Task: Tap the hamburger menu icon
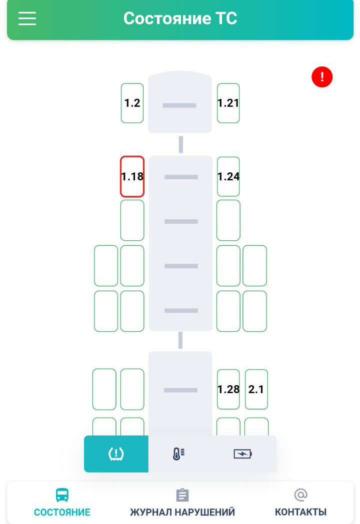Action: (x=27, y=18)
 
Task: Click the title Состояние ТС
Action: (x=180, y=18)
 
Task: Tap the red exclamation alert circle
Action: (x=322, y=77)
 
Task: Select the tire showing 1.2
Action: (x=132, y=103)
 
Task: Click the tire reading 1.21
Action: (x=228, y=103)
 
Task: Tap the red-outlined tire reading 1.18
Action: (x=132, y=176)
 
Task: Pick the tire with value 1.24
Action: (x=228, y=176)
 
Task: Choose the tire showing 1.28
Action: (x=228, y=389)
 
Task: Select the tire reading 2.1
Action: (x=256, y=389)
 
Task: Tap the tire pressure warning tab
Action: (x=116, y=454)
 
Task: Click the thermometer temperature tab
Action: (x=178, y=454)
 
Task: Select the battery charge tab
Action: (x=242, y=454)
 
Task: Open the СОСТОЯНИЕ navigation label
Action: (x=62, y=513)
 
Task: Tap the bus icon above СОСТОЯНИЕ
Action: (x=62, y=495)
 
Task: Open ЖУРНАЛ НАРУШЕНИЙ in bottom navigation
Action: (x=182, y=513)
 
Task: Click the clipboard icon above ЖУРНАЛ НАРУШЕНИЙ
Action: (x=182, y=495)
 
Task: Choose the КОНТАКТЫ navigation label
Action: (x=300, y=513)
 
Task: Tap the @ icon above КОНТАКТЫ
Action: (x=300, y=495)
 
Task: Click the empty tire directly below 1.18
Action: (x=132, y=220)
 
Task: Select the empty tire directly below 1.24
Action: (x=228, y=220)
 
